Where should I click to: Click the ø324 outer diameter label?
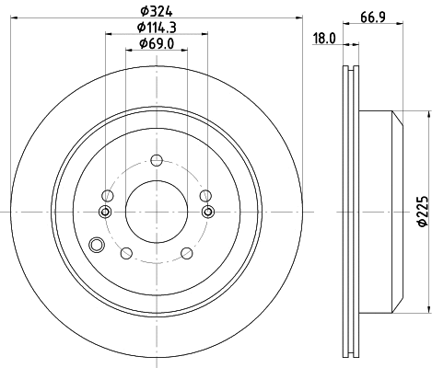(x=153, y=12)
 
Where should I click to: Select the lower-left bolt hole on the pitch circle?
(x=127, y=254)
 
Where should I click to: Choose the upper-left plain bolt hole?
(x=109, y=195)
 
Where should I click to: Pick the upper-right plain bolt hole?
(x=205, y=194)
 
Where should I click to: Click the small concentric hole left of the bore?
(x=105, y=213)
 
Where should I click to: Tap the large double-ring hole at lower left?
(x=98, y=245)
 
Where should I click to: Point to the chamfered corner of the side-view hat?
(x=400, y=117)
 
